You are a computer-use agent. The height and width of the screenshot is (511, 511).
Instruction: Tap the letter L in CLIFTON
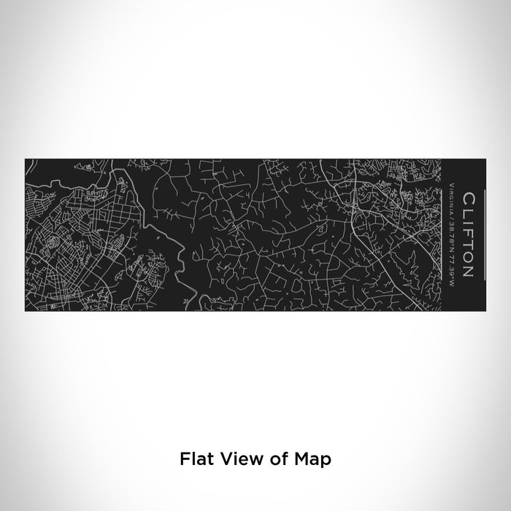pos(468,212)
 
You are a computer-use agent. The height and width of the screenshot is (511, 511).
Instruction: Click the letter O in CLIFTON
pos(468,255)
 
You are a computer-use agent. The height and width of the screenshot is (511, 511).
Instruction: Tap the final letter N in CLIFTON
pos(468,271)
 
